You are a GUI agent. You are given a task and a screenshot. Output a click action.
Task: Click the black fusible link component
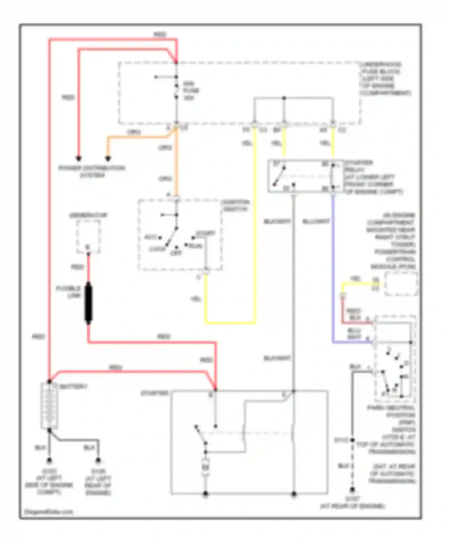click(x=88, y=303)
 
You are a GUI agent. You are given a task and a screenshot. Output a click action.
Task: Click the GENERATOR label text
click(x=88, y=215)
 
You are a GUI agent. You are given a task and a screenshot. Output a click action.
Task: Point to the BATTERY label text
click(x=74, y=387)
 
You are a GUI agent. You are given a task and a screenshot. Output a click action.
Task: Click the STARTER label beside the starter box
click(x=154, y=393)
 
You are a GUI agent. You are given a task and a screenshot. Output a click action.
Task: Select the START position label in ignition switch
click(x=206, y=233)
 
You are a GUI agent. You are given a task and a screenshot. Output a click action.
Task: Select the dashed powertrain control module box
click(x=401, y=283)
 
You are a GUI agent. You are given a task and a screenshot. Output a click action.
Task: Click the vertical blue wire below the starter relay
click(x=333, y=269)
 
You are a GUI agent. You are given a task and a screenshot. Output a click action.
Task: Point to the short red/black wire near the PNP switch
click(x=356, y=323)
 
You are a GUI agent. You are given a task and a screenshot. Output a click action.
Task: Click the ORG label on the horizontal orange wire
click(x=134, y=132)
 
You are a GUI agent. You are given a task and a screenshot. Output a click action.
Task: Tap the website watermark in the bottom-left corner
click(x=48, y=512)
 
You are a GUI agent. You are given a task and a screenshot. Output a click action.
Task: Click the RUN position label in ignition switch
click(x=195, y=246)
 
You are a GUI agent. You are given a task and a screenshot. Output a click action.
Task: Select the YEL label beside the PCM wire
click(x=355, y=278)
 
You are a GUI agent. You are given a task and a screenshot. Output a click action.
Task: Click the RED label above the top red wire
click(x=160, y=34)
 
